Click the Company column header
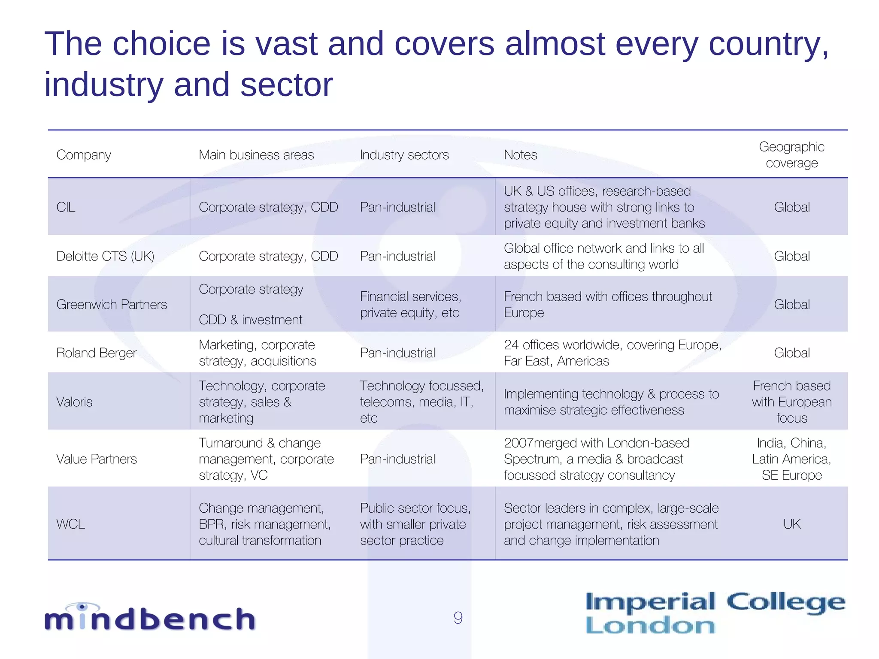coord(84,155)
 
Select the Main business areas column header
coord(256,155)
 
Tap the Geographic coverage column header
coord(791,155)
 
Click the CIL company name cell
coord(66,207)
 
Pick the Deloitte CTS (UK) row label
coord(105,256)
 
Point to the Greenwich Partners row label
coord(112,305)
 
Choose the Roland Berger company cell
coord(97,353)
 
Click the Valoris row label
coord(74,402)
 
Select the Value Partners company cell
coord(97,459)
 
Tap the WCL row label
coord(71,524)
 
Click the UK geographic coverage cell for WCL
coord(792,524)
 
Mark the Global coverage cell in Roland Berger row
coord(792,353)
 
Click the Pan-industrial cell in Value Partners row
coord(397,459)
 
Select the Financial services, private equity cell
coord(410,305)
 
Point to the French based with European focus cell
coord(792,402)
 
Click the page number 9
coord(458,618)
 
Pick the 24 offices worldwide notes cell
coord(612,353)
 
